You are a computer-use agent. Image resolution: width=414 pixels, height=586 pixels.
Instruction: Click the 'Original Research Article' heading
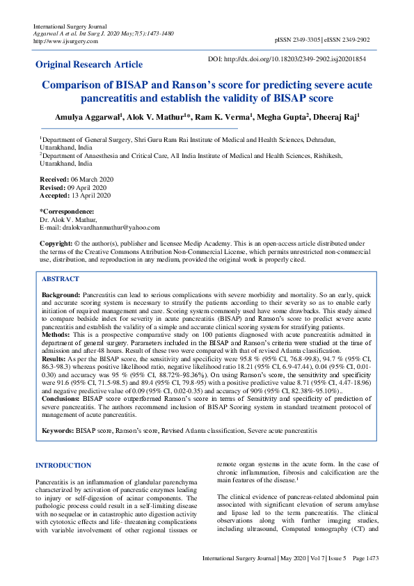[89, 65]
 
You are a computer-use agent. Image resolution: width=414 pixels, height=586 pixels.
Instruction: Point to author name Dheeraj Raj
[337, 118]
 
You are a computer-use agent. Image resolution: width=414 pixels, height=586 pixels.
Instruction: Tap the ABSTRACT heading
[61, 278]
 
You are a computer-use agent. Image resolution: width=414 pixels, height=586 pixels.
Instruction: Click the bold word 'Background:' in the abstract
[61, 295]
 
